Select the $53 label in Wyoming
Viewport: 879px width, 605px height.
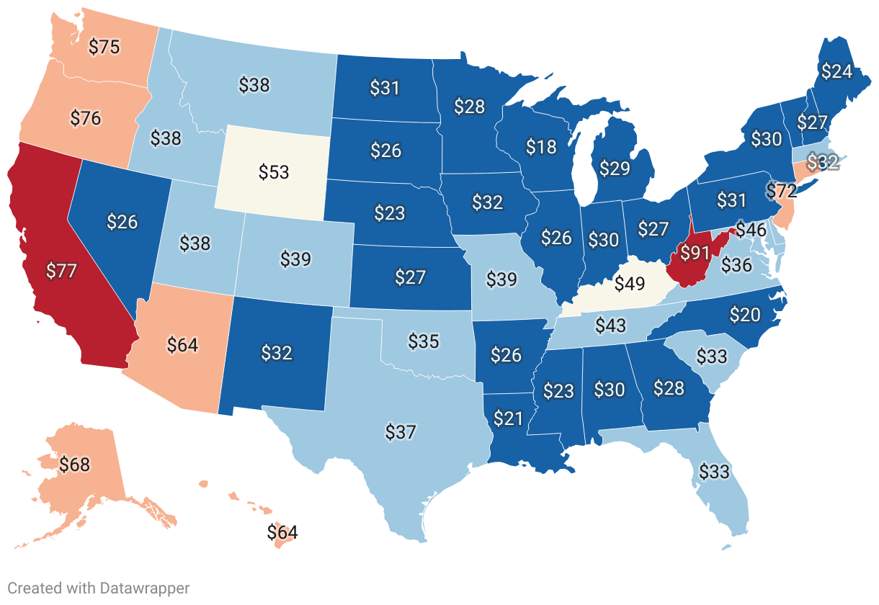coord(274,172)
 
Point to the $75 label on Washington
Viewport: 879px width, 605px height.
coord(104,47)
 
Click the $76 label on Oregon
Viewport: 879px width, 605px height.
coord(86,117)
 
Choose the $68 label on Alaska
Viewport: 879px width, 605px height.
coord(74,465)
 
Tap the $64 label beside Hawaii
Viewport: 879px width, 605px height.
coord(282,533)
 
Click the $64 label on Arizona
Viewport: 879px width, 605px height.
coord(182,344)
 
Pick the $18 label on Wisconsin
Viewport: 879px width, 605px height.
coord(541,147)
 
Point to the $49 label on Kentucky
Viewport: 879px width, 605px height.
coord(629,284)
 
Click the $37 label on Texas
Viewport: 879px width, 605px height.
coord(401,432)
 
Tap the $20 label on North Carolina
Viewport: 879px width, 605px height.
coord(744,314)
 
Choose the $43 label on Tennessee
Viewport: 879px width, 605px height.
coord(610,326)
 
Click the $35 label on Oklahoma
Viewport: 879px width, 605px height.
coord(424,341)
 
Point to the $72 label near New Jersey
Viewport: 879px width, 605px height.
coord(781,192)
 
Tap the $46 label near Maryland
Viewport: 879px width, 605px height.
coord(750,231)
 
